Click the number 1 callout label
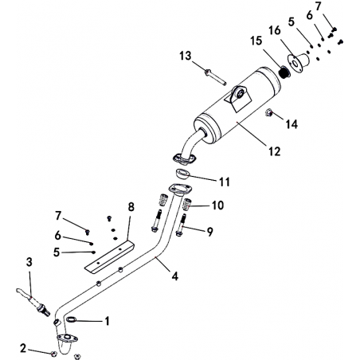click(107, 321)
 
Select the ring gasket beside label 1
click(72, 319)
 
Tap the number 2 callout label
click(23, 348)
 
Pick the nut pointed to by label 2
click(53, 354)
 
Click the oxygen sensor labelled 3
click(33, 302)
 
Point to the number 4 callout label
click(174, 276)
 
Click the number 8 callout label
click(131, 207)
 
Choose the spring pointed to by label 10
click(188, 204)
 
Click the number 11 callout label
click(225, 182)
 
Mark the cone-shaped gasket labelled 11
click(182, 174)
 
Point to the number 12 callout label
click(274, 151)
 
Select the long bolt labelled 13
click(215, 77)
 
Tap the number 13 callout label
click(185, 56)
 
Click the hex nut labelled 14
click(268, 113)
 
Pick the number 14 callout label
click(292, 124)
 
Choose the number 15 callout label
click(256, 41)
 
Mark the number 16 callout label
click(275, 30)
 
